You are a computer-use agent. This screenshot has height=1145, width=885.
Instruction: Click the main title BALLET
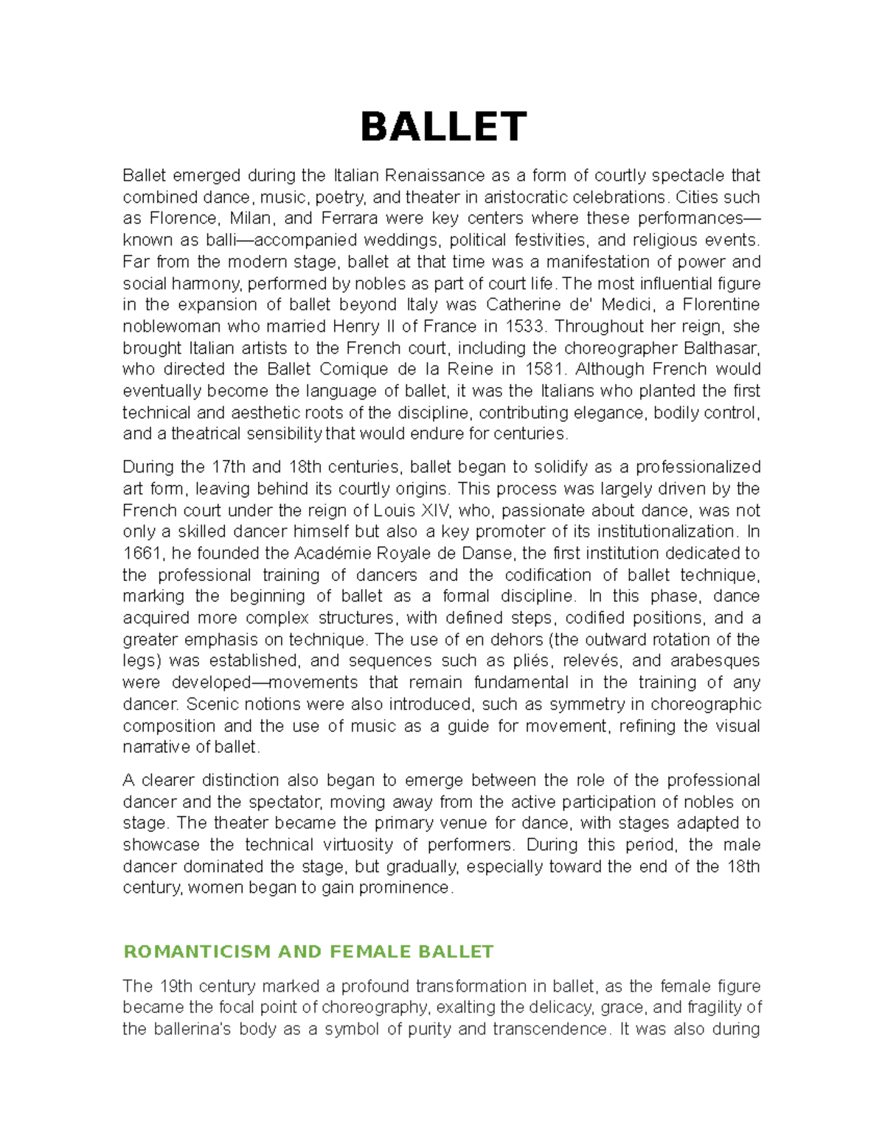tap(443, 127)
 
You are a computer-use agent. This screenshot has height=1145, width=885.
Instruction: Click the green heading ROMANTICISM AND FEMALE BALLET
tap(308, 952)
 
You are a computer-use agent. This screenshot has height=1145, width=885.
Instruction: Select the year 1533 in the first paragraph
tap(524, 327)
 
